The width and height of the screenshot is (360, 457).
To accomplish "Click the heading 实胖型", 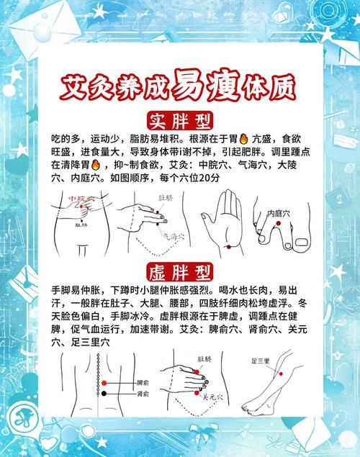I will tap(180, 119).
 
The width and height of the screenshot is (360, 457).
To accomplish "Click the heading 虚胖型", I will tap(180, 273).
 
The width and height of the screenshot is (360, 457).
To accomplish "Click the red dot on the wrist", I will tap(228, 247).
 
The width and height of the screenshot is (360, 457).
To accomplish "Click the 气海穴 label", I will tap(174, 235).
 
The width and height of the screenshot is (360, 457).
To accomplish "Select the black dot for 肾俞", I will tap(104, 394).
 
